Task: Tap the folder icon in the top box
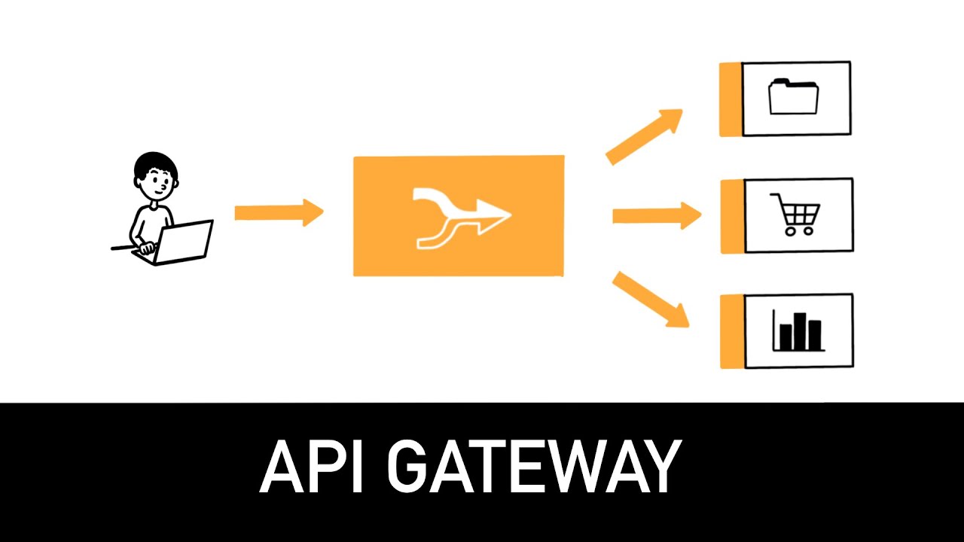793,98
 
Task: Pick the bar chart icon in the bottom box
798,331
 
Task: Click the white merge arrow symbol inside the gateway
459,217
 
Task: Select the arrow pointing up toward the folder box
645,135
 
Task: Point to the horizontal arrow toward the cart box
656,216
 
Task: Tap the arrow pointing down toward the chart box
651,300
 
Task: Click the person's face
158,184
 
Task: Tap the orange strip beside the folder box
731,99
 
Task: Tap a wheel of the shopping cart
789,232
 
